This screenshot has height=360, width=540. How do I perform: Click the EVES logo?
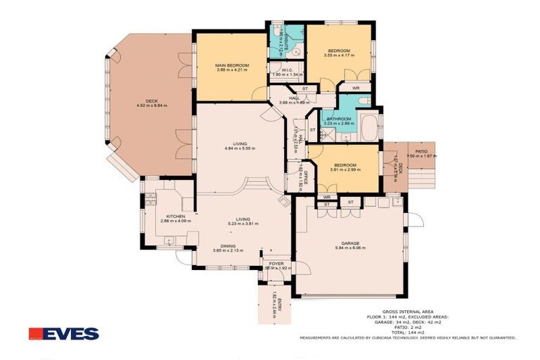tap(64, 333)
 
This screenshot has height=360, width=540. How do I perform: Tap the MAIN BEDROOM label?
tap(232, 65)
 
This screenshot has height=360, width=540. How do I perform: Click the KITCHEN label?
tap(175, 216)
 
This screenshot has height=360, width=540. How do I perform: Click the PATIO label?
tap(421, 151)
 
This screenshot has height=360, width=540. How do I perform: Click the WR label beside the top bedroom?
tap(356, 88)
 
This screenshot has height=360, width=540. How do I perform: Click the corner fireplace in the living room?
tap(283, 202)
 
